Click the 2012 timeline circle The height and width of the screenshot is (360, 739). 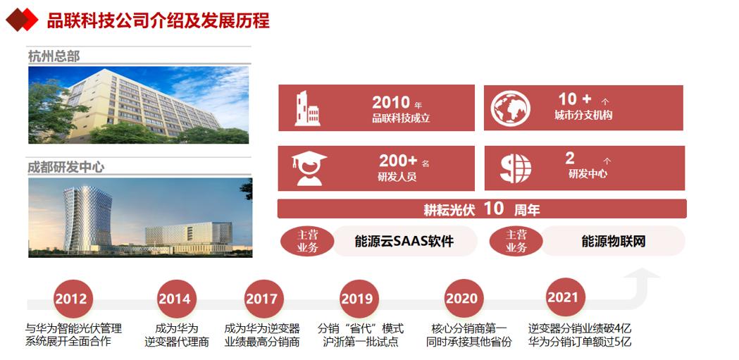[70, 298]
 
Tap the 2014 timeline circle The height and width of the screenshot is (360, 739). [173, 298]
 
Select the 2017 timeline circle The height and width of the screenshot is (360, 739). [261, 298]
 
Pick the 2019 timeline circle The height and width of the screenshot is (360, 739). [356, 298]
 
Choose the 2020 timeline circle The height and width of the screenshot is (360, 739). [461, 298]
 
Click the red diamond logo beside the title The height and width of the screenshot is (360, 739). [21, 20]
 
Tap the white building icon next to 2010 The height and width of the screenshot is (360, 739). [307, 108]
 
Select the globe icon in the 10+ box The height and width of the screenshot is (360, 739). [510, 108]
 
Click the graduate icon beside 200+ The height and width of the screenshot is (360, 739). [308, 168]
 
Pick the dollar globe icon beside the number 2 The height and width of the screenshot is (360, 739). [515, 168]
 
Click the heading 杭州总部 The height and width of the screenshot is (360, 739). [54, 56]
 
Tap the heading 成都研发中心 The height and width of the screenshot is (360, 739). [66, 167]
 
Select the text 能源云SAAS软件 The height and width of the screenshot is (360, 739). [404, 242]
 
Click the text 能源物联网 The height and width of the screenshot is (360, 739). [614, 242]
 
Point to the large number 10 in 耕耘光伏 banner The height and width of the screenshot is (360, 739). [494, 209]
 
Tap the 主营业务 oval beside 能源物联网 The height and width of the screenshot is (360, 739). [516, 241]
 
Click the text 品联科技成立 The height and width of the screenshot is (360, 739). [401, 118]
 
